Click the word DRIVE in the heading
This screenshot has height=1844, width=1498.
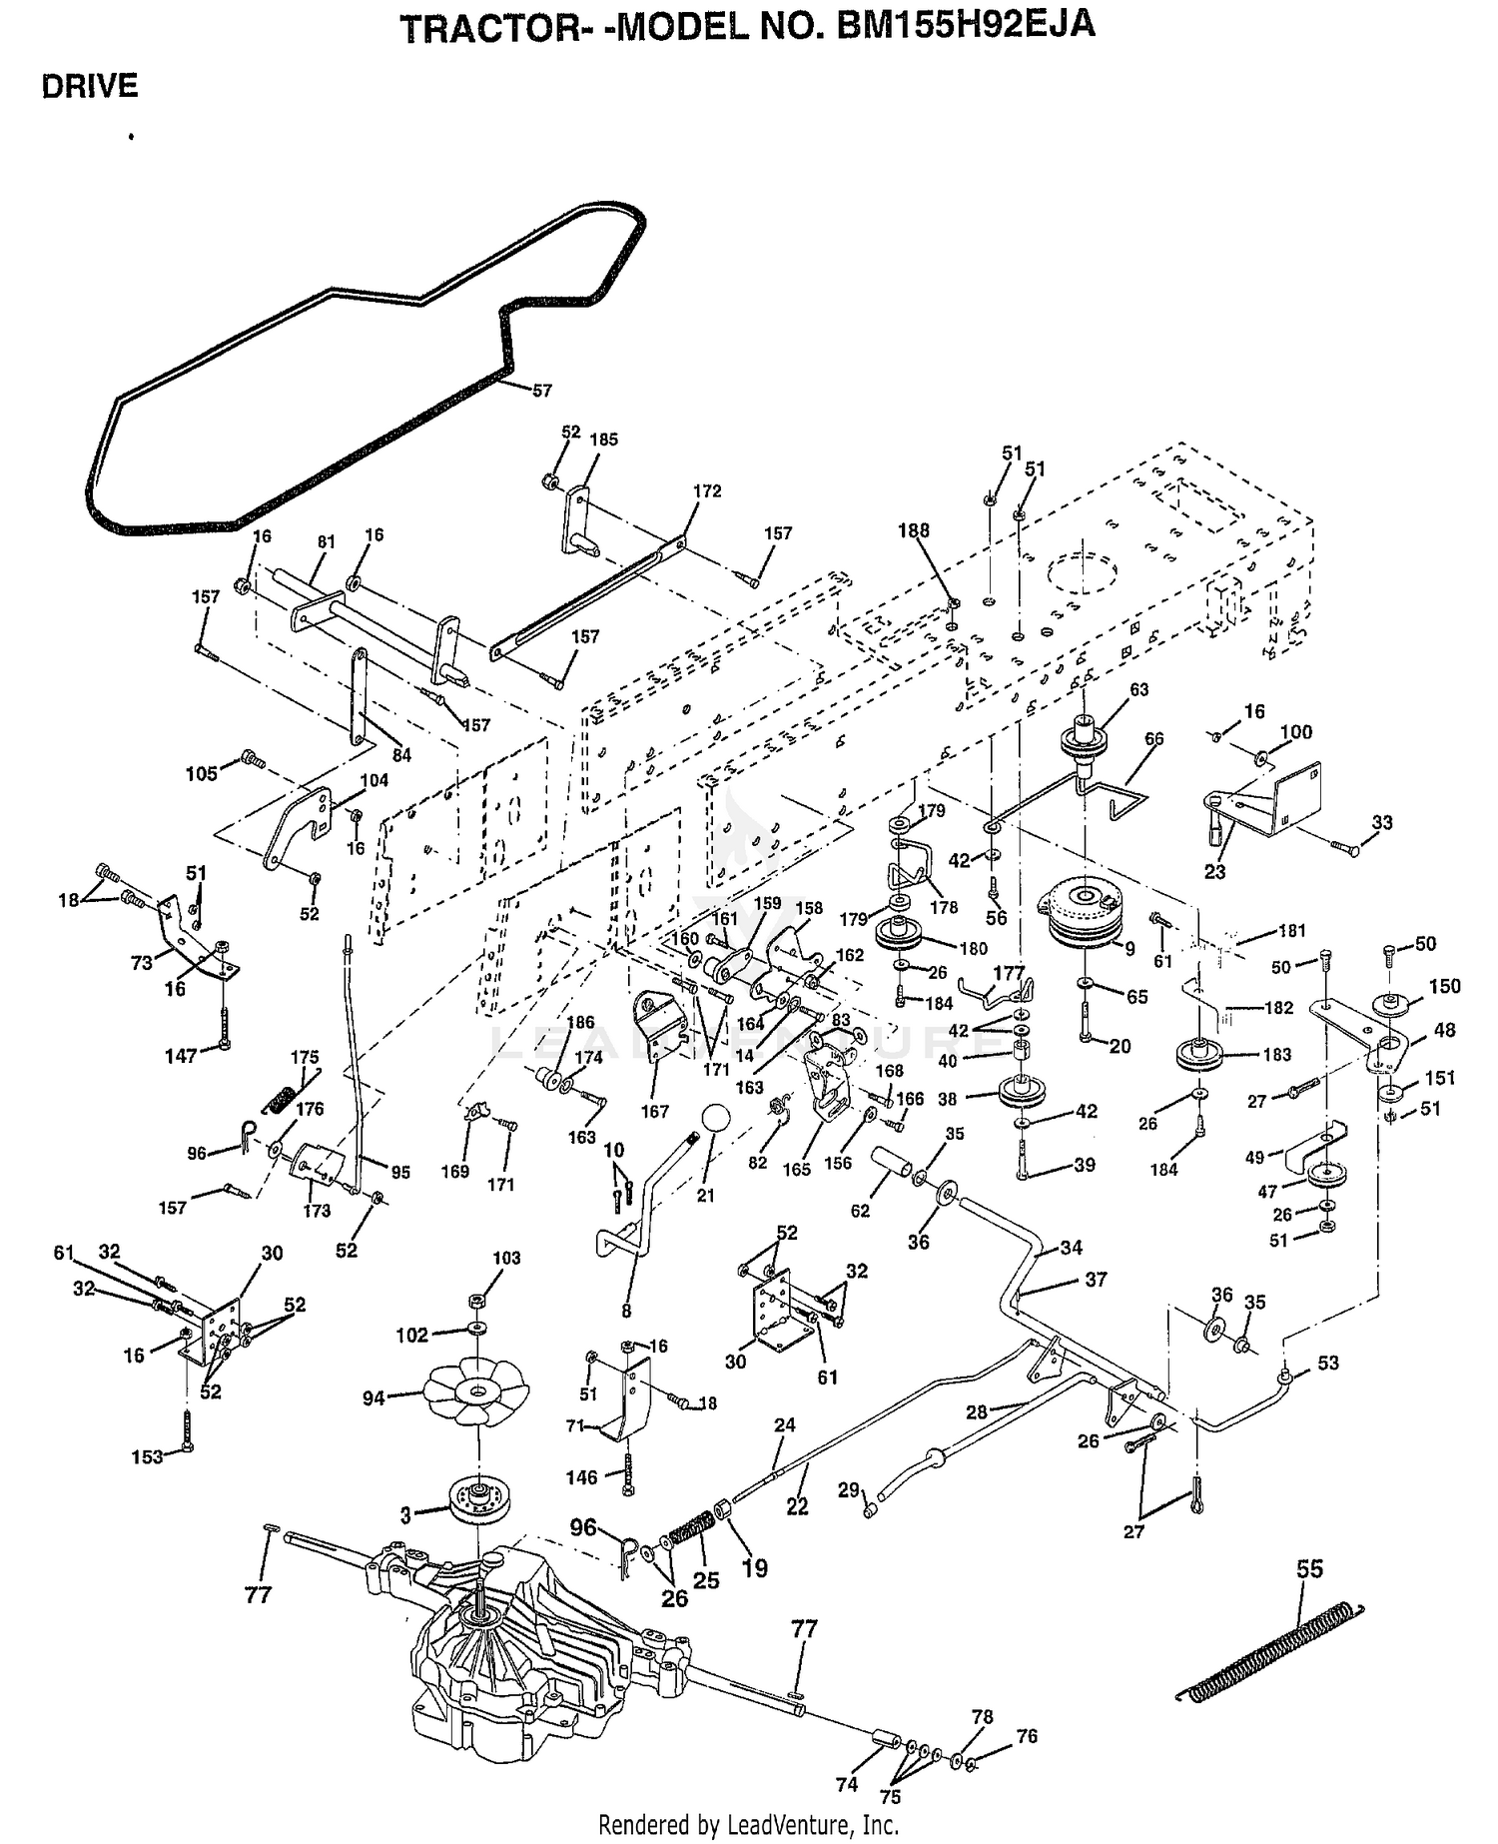[90, 87]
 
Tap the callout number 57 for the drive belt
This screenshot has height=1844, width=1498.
[541, 392]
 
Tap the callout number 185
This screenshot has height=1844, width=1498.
[603, 440]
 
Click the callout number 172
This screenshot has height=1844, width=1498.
[706, 491]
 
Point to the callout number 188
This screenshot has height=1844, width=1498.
[914, 531]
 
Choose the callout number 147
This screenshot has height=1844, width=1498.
[181, 1055]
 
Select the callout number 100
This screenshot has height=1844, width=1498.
[1295, 732]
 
